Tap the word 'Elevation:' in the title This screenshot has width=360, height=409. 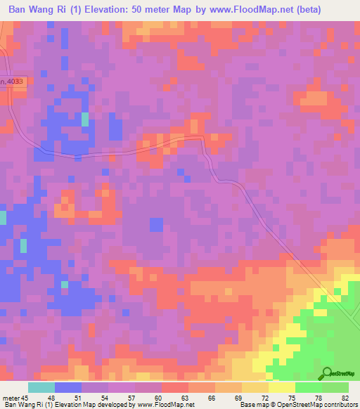click(126, 9)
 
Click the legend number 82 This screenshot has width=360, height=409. click(345, 397)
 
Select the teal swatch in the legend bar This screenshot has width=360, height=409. click(41, 387)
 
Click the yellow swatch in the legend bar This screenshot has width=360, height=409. click(282, 387)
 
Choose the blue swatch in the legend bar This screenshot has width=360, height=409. click(68, 387)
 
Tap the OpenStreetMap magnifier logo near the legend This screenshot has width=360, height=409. click(327, 374)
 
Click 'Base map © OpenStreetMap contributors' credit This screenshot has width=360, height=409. click(298, 405)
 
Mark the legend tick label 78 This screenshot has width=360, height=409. click(311, 397)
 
